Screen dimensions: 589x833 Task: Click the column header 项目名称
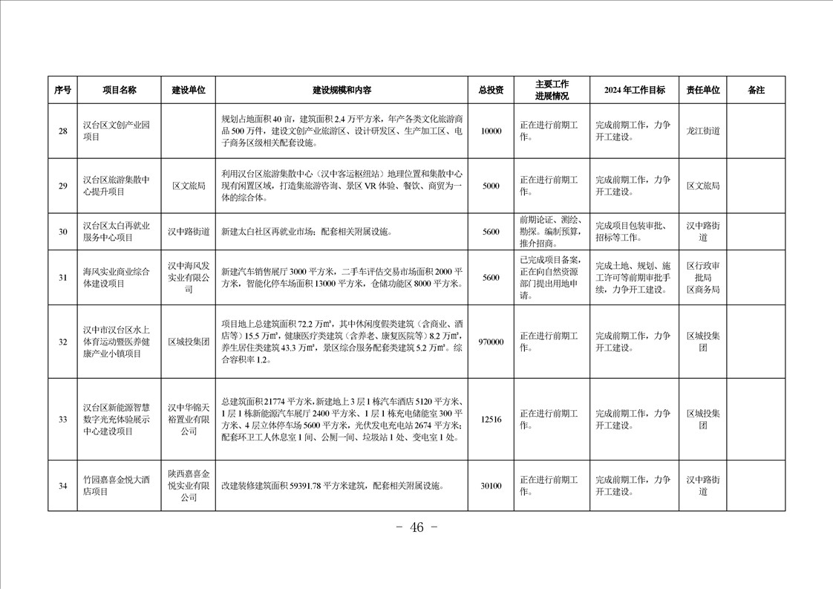[120, 90]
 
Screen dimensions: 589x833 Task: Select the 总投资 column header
[491, 90]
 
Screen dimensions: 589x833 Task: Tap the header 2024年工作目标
[634, 90]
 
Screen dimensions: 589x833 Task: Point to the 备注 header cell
[756, 90]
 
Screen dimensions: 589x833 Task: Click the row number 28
[63, 131]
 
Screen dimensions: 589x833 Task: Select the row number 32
[63, 342]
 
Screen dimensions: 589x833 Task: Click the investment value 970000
[491, 342]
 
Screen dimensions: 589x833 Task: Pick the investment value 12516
[491, 420]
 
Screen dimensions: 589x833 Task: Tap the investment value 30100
[491, 487]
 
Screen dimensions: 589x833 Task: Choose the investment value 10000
[491, 131]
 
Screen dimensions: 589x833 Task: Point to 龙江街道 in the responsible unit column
[702, 131]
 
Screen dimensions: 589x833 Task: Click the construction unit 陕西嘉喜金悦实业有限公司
[189, 487]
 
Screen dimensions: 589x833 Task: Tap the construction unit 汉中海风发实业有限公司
[189, 277]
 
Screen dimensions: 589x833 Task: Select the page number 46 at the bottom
[416, 528]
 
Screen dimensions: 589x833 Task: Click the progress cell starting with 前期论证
[551, 232]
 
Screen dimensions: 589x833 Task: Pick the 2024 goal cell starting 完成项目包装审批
[633, 232]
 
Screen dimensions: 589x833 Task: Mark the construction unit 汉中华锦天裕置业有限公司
[189, 420]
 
